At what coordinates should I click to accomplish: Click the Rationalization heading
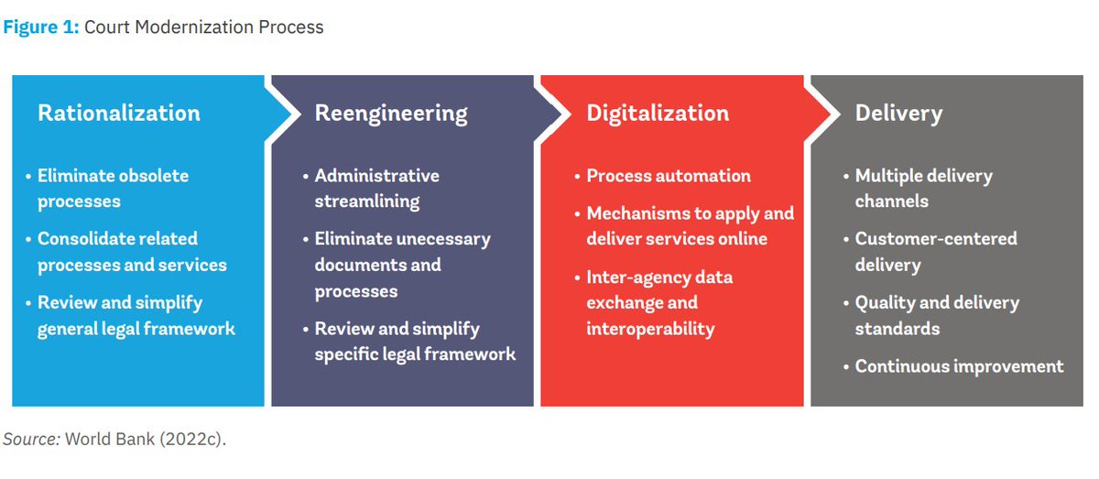click(x=118, y=114)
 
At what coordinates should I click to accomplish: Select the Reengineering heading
click(x=391, y=114)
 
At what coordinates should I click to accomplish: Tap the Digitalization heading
click(x=658, y=114)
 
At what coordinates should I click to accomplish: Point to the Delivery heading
click(x=898, y=114)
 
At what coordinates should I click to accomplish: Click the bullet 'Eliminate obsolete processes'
click(x=113, y=188)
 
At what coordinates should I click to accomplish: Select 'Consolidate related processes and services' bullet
click(x=131, y=251)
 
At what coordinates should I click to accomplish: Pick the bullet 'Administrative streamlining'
click(x=376, y=188)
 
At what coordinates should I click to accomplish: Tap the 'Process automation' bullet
click(x=668, y=176)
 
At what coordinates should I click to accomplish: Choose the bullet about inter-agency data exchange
click(x=658, y=302)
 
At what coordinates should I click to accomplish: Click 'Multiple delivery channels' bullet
click(x=923, y=188)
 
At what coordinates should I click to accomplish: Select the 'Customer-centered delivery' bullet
click(x=935, y=251)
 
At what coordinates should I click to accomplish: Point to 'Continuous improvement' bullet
click(x=959, y=366)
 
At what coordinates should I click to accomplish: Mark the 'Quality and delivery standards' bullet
click(x=936, y=315)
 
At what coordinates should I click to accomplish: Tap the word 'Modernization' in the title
click(x=195, y=27)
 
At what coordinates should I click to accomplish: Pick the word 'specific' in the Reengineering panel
click(x=348, y=354)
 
